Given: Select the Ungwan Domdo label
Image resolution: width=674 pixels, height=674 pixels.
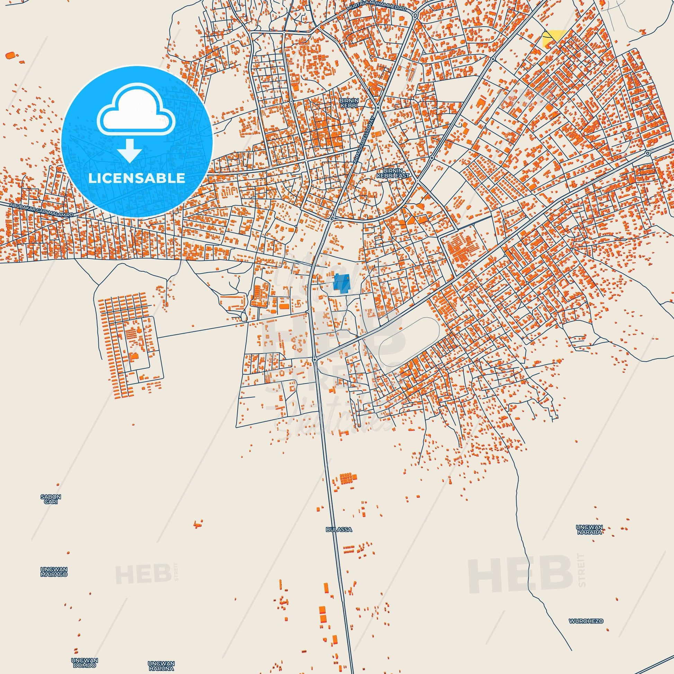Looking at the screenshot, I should tap(85, 663).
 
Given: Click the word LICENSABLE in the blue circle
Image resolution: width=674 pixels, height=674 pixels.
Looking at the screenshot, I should tap(137, 178).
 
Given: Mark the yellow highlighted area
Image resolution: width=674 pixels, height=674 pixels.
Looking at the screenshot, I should tap(551, 38).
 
